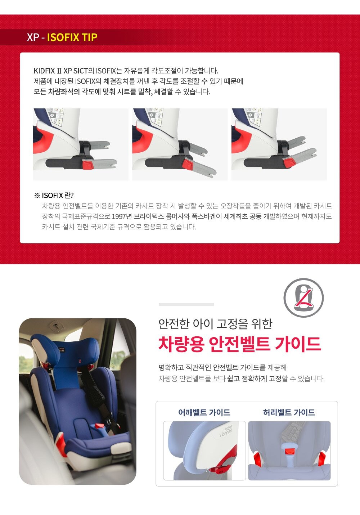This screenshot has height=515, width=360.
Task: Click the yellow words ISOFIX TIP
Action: (x=72, y=37)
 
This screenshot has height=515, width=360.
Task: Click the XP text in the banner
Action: (x=32, y=37)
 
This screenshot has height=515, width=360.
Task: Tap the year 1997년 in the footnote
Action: (x=122, y=216)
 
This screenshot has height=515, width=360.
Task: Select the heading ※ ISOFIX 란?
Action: (x=54, y=196)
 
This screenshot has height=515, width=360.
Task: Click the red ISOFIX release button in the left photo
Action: (x=87, y=165)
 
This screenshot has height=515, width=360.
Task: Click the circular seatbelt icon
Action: (x=303, y=298)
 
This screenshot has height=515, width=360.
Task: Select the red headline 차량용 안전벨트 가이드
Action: (x=239, y=344)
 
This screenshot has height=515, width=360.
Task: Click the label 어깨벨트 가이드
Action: (x=204, y=412)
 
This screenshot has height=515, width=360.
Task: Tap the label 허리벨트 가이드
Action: (x=289, y=412)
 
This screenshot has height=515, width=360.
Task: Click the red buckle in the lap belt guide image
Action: (x=289, y=451)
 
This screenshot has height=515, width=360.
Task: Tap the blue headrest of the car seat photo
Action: (x=65, y=353)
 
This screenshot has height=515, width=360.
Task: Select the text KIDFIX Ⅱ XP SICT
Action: (x=61, y=71)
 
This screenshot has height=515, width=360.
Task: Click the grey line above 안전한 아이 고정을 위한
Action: (x=186, y=304)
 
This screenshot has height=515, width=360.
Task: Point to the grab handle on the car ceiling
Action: (x=56, y=325)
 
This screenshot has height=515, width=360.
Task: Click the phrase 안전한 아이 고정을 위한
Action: (x=215, y=323)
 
